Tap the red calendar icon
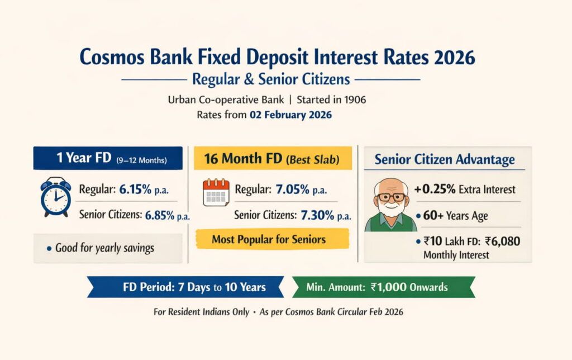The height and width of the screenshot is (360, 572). click(x=216, y=193)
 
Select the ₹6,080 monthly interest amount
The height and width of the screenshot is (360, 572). click(x=489, y=243)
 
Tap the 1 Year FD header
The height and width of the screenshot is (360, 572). click(x=107, y=158)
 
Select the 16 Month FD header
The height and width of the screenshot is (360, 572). click(x=272, y=158)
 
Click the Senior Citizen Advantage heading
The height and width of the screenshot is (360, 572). click(x=445, y=159)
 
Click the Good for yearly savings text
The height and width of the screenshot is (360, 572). click(x=104, y=248)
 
